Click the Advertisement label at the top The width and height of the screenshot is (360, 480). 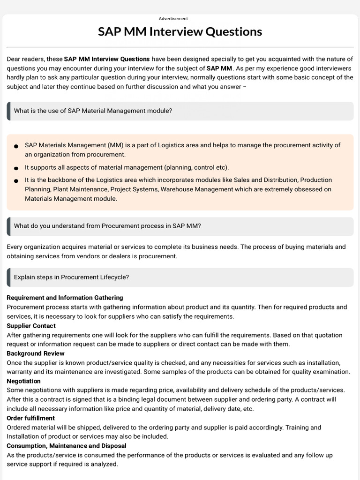click(x=173, y=19)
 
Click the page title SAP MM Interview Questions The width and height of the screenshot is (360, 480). click(x=180, y=32)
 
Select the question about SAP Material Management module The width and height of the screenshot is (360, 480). click(x=93, y=111)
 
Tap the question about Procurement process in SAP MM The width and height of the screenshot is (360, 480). click(x=107, y=226)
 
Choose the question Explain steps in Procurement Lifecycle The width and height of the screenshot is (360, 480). click(x=71, y=277)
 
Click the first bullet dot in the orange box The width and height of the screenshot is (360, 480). click(x=16, y=146)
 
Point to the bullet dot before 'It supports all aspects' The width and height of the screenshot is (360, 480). click(x=16, y=168)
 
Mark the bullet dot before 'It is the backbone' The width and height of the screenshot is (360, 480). click(x=16, y=180)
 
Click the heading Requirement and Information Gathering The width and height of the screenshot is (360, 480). click(x=65, y=298)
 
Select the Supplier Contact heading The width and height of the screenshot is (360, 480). click(x=31, y=326)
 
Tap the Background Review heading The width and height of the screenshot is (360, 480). click(x=36, y=353)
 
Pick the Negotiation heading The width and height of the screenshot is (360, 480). click(x=23, y=381)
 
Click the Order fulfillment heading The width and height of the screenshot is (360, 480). click(x=30, y=418)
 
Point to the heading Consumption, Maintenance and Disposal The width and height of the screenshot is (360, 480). click(x=66, y=446)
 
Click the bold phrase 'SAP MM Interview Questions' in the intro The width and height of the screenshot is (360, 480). click(x=107, y=59)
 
